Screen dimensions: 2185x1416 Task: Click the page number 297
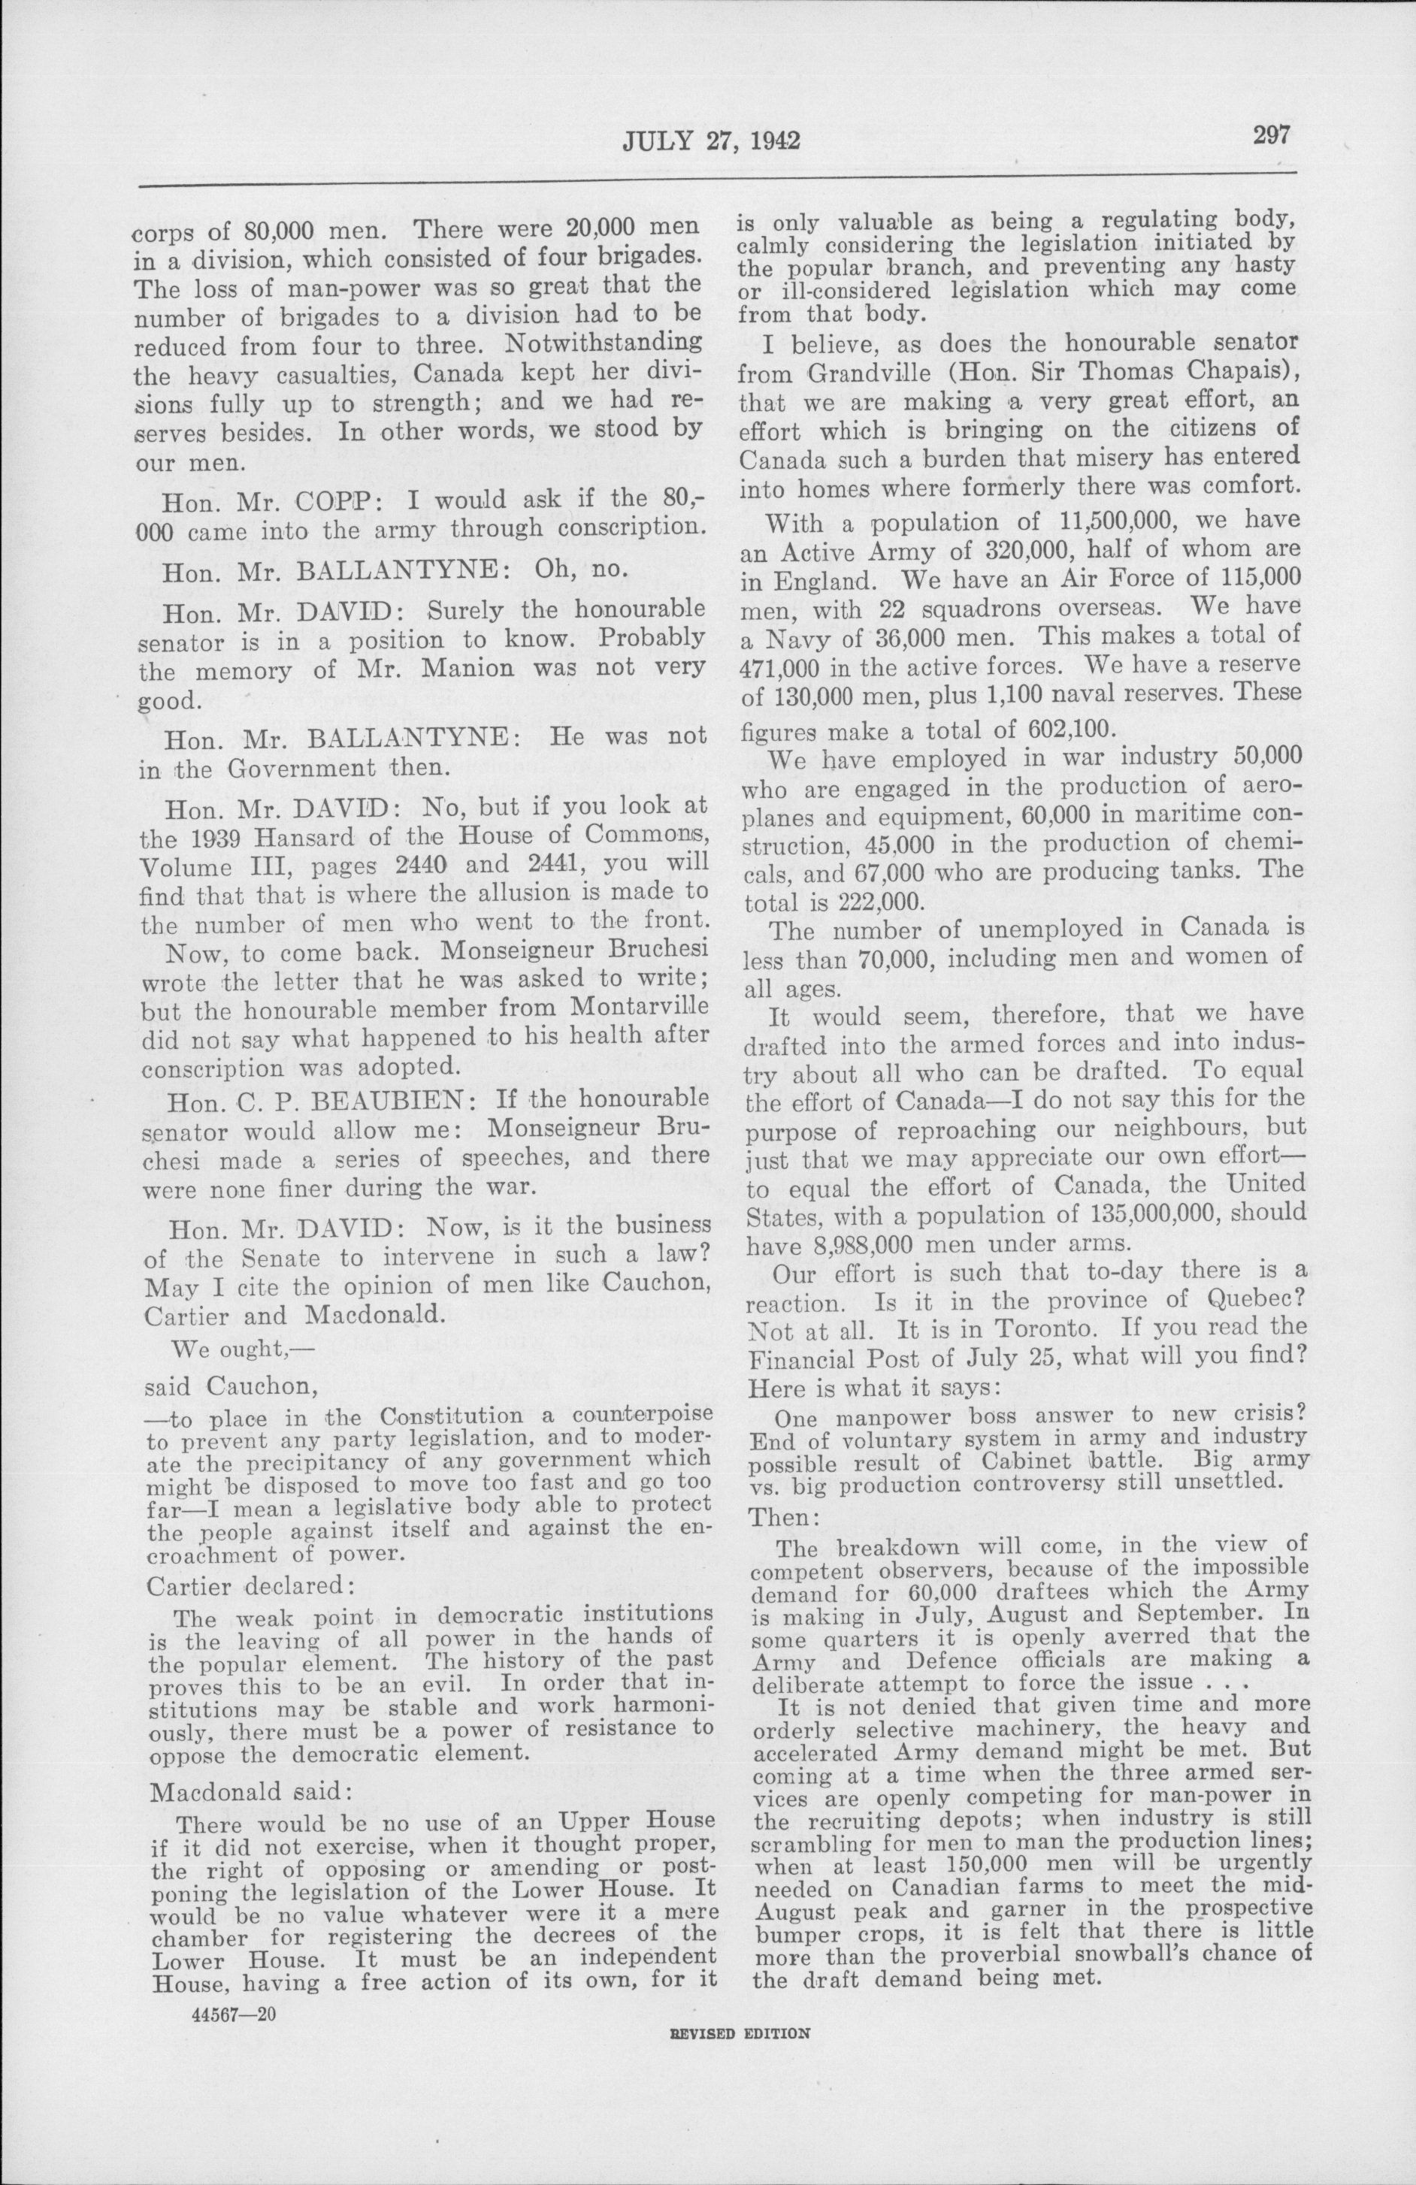[1269, 135]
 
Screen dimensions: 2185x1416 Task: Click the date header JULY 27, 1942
[712, 141]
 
